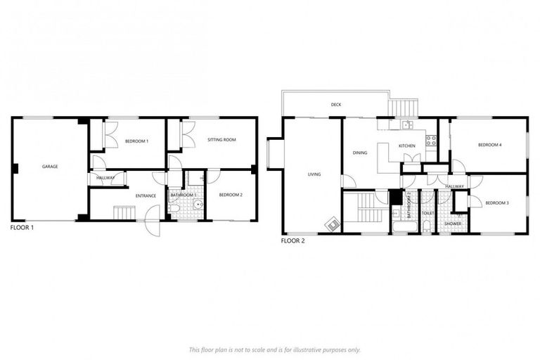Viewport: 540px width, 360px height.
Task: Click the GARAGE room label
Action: pos(49,167)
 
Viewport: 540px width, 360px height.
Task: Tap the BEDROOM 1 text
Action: pos(136,141)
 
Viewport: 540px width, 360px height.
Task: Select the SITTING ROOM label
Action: pos(221,140)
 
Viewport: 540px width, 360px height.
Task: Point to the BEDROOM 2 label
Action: pos(230,195)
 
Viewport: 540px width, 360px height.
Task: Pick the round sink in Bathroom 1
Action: pos(198,205)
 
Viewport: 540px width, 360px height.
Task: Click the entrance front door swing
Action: pos(152,227)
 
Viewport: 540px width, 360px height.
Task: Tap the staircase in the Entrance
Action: pos(124,212)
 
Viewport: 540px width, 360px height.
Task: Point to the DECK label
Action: pos(336,105)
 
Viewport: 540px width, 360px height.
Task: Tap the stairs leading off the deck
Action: pos(404,108)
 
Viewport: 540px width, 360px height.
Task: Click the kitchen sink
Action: pos(406,125)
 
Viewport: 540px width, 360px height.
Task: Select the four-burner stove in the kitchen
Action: pos(431,139)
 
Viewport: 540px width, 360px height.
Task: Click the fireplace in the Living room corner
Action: pos(330,224)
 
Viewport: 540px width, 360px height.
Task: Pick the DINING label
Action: pos(360,152)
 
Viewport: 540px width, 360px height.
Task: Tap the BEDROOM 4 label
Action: pos(489,145)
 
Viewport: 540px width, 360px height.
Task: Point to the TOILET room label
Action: pos(427,213)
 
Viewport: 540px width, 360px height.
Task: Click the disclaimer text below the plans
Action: pos(274,349)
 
